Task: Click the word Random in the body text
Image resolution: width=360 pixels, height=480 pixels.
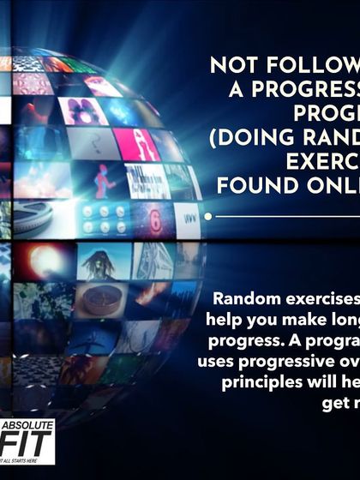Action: (x=249, y=299)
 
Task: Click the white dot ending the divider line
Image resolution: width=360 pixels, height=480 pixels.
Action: (x=208, y=218)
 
